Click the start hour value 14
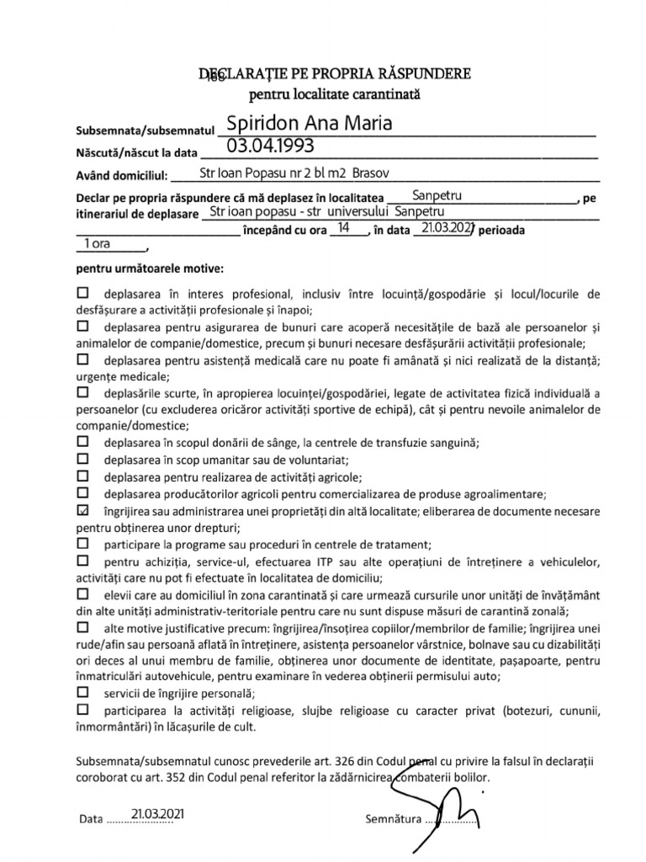343,227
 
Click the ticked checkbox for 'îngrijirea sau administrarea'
82,511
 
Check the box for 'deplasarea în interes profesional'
82,294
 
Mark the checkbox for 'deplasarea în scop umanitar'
82,459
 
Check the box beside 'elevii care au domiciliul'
82,594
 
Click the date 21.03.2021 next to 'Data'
157,814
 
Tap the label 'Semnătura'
394,818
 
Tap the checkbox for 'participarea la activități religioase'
82,710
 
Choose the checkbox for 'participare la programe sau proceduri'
82,544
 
